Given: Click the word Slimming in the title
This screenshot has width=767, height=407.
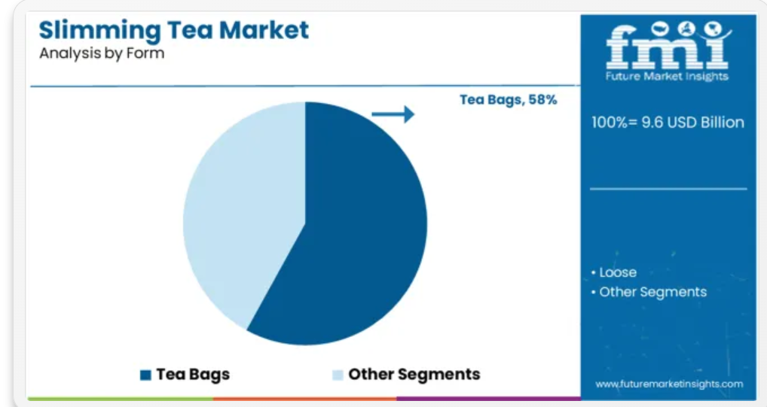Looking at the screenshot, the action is click(x=99, y=31).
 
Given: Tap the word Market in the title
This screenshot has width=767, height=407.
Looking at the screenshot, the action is click(x=264, y=29).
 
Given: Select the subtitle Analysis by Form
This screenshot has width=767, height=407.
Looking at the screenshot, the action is click(x=102, y=53).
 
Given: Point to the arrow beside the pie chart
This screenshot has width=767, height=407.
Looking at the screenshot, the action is click(x=393, y=114).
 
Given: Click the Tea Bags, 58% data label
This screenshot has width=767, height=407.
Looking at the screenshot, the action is click(x=509, y=99).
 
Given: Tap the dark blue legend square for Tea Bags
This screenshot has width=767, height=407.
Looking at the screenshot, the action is click(x=145, y=375).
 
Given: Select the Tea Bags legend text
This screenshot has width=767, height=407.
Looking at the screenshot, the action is click(x=193, y=375).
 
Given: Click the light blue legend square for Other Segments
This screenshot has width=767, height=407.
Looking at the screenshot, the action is click(x=338, y=375).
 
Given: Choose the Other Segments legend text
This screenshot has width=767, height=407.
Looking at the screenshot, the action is click(x=414, y=375).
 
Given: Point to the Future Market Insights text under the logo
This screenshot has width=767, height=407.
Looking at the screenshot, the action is click(x=667, y=76).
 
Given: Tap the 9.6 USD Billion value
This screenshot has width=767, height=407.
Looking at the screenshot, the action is click(x=692, y=122).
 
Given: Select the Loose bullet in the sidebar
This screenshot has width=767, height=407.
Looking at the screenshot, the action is click(x=614, y=272).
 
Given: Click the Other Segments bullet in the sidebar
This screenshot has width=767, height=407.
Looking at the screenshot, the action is click(x=649, y=292).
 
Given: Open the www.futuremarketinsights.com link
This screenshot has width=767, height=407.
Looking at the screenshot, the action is click(x=669, y=384).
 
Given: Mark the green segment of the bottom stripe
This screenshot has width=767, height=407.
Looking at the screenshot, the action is click(x=121, y=399).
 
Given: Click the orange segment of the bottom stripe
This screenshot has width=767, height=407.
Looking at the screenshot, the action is click(x=304, y=399).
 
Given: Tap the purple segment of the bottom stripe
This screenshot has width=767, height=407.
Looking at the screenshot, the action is click(x=489, y=399).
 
